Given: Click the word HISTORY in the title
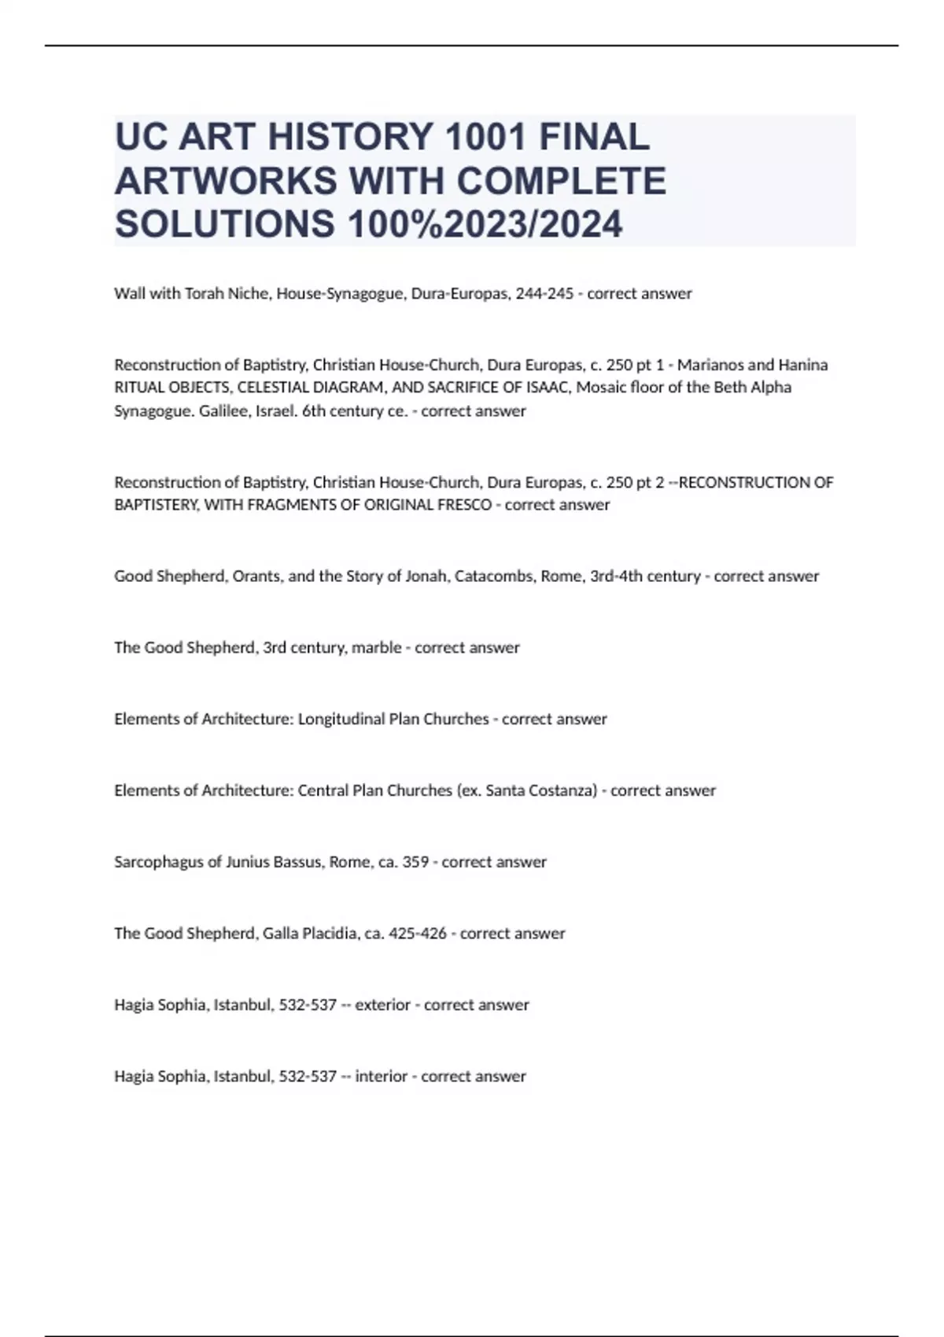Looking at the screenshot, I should click(x=351, y=138).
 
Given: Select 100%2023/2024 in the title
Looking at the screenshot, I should click(x=485, y=224).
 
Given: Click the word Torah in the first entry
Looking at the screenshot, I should click(x=204, y=293).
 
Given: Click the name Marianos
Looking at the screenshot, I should click(x=710, y=365).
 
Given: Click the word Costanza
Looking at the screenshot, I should click(x=564, y=790).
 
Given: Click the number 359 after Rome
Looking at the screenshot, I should click(x=415, y=862).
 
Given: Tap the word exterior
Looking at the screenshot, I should click(x=382, y=1005).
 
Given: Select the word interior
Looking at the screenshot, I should click(x=381, y=1077).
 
